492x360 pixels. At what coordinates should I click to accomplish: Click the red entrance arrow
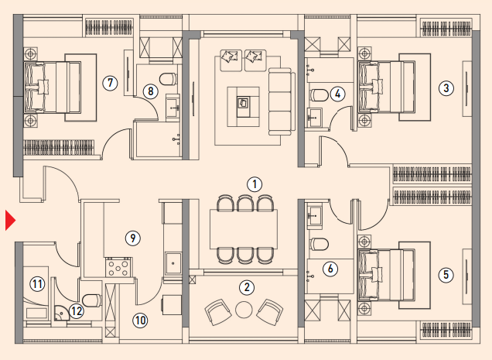pos(10,221)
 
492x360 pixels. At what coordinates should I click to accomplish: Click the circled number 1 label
pos(255,184)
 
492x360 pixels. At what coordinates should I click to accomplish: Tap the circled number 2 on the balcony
pos(247,287)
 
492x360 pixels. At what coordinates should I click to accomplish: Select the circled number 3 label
pos(446,88)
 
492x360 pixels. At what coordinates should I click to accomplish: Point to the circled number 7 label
pos(110,83)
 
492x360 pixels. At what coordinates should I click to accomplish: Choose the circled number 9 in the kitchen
pos(133,238)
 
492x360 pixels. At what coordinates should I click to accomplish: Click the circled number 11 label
pos(37,284)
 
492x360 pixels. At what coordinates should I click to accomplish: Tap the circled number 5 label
pos(446,275)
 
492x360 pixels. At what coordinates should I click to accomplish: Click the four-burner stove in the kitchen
pos(118,267)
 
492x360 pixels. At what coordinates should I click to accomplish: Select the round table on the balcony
pos(244,310)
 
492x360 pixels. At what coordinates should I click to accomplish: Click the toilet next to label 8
pos(168,79)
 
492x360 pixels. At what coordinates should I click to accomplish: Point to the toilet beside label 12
pos(91,300)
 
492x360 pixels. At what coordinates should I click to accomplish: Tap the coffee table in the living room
pos(244,107)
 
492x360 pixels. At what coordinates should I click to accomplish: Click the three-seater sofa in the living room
pos(282,101)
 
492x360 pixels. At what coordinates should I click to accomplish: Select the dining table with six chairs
pos(244,229)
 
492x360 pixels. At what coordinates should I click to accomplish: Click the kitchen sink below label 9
pos(173,263)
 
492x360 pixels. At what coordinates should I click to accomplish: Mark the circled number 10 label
pos(140,321)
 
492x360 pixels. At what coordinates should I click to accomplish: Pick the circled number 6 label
pos(330,269)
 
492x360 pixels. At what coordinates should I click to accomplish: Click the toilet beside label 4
pos(319,95)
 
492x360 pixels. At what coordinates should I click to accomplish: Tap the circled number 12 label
pos(77,311)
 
